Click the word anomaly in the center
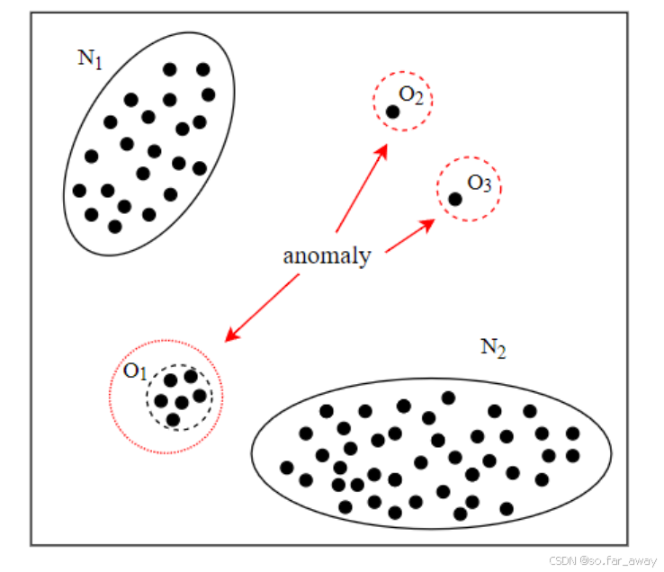coord(327,255)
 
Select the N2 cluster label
coord(492,348)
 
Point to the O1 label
coord(135,371)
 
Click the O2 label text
coord(411,96)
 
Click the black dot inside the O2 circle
coord(393,112)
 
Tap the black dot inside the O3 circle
coord(455,199)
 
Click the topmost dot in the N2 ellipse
coord(448,398)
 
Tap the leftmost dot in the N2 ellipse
coord(287,467)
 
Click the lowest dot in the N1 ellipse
coord(114,226)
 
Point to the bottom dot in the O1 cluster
coord(173,419)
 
